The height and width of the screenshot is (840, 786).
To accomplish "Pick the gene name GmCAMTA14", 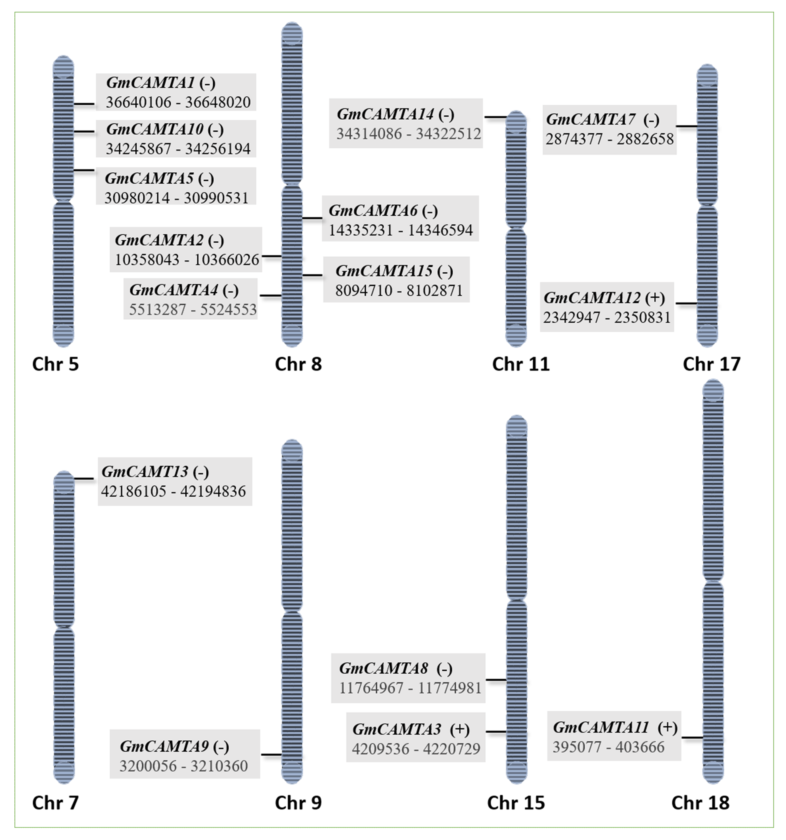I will pos(385,114).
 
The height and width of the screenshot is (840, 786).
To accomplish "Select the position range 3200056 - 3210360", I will pos(183,766).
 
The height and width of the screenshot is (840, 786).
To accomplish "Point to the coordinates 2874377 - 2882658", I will pos(609,139).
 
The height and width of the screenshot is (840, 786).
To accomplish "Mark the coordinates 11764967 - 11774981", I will pos(410,688).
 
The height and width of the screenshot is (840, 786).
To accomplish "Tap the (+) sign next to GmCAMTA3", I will pos(460,729).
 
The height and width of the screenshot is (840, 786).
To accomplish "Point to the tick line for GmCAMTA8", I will pos(496,680).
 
